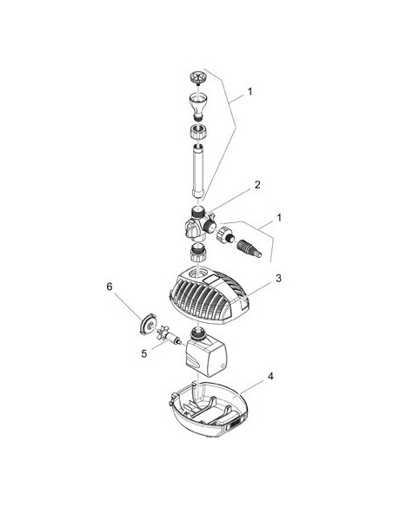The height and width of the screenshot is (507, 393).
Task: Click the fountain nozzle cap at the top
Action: (196, 77)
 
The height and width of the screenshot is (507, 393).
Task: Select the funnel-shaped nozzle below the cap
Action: (198, 105)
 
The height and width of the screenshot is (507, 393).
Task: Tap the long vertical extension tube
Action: (198, 171)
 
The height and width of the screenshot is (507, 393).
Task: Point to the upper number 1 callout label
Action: (250, 91)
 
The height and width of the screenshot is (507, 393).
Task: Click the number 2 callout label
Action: (257, 185)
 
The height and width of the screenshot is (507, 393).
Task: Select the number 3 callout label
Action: (278, 278)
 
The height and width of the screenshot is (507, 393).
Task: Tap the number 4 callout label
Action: (270, 377)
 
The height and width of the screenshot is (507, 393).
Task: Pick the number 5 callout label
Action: (144, 353)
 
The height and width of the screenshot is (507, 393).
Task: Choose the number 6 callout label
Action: (110, 286)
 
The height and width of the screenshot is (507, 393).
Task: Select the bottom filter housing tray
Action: (209, 409)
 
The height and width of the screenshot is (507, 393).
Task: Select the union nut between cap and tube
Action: (198, 132)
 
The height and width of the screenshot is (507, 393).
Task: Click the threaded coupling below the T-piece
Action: (198, 253)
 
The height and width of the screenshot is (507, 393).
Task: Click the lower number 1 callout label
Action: (279, 217)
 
